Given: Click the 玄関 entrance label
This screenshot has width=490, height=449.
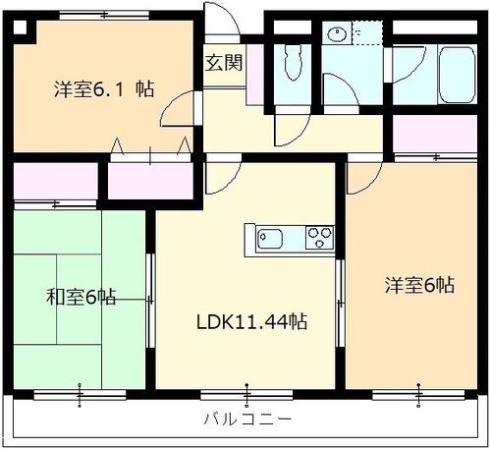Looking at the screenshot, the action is coord(224,63).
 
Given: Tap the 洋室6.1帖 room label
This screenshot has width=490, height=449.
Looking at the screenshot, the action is coord(104,88).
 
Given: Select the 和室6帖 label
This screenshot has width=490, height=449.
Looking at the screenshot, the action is coord(81,297).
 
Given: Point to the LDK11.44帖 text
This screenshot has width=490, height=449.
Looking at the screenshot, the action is coord(251,321).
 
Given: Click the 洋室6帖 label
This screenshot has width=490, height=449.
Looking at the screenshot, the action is coord(419,285).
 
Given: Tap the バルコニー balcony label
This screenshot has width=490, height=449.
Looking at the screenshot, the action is coord(247,419).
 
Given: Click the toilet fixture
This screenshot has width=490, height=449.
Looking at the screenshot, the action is coord(293,62).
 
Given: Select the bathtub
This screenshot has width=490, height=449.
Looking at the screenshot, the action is coord(457,75).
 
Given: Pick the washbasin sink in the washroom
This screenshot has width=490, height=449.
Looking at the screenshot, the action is coord(336,33).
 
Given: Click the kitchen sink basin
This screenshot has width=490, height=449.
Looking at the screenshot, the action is coord(270,239).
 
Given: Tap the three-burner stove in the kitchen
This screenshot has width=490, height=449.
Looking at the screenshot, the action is coord(319,238).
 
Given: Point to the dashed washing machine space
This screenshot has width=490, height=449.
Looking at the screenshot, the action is coord(367,32).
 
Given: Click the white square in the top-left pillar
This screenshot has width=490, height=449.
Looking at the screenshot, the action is coord(20,28).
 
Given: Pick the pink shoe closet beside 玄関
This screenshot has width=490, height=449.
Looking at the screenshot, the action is coord(254,75).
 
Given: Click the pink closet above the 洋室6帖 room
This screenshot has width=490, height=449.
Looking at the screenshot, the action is coord(434,134).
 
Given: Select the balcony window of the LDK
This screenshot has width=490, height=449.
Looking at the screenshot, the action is coord(246,395).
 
